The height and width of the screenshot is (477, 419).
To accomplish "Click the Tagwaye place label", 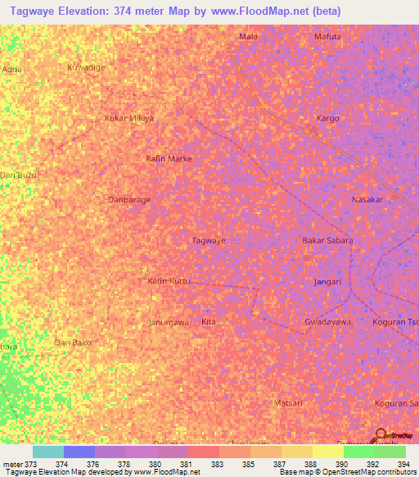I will pyautogui.click(x=208, y=241).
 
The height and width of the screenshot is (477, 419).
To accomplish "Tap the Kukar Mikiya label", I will pyautogui.click(x=129, y=118).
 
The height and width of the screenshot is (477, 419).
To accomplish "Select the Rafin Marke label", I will pyautogui.click(x=169, y=159).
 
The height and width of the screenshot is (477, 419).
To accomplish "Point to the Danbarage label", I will pyautogui.click(x=129, y=199).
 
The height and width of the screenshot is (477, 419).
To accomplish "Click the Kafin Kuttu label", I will pyautogui.click(x=169, y=281).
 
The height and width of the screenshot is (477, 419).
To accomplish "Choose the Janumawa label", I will pyautogui.click(x=169, y=322).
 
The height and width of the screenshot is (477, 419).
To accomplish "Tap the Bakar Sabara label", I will pyautogui.click(x=327, y=241).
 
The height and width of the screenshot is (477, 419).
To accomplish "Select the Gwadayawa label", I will pyautogui.click(x=327, y=322).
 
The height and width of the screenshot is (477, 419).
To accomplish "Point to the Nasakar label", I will pyautogui.click(x=367, y=200).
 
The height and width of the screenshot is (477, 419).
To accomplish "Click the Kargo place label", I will pyautogui.click(x=327, y=118).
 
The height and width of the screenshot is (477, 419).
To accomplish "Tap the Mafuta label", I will pyautogui.click(x=327, y=37).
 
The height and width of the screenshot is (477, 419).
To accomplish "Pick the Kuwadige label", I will pyautogui.click(x=87, y=67).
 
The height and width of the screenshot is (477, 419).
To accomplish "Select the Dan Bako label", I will pyautogui.click(x=72, y=342).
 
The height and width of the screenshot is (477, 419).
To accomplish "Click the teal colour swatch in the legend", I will pyautogui.click(x=47, y=452).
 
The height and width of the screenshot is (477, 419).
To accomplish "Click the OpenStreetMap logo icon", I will pyautogui.click(x=381, y=437).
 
